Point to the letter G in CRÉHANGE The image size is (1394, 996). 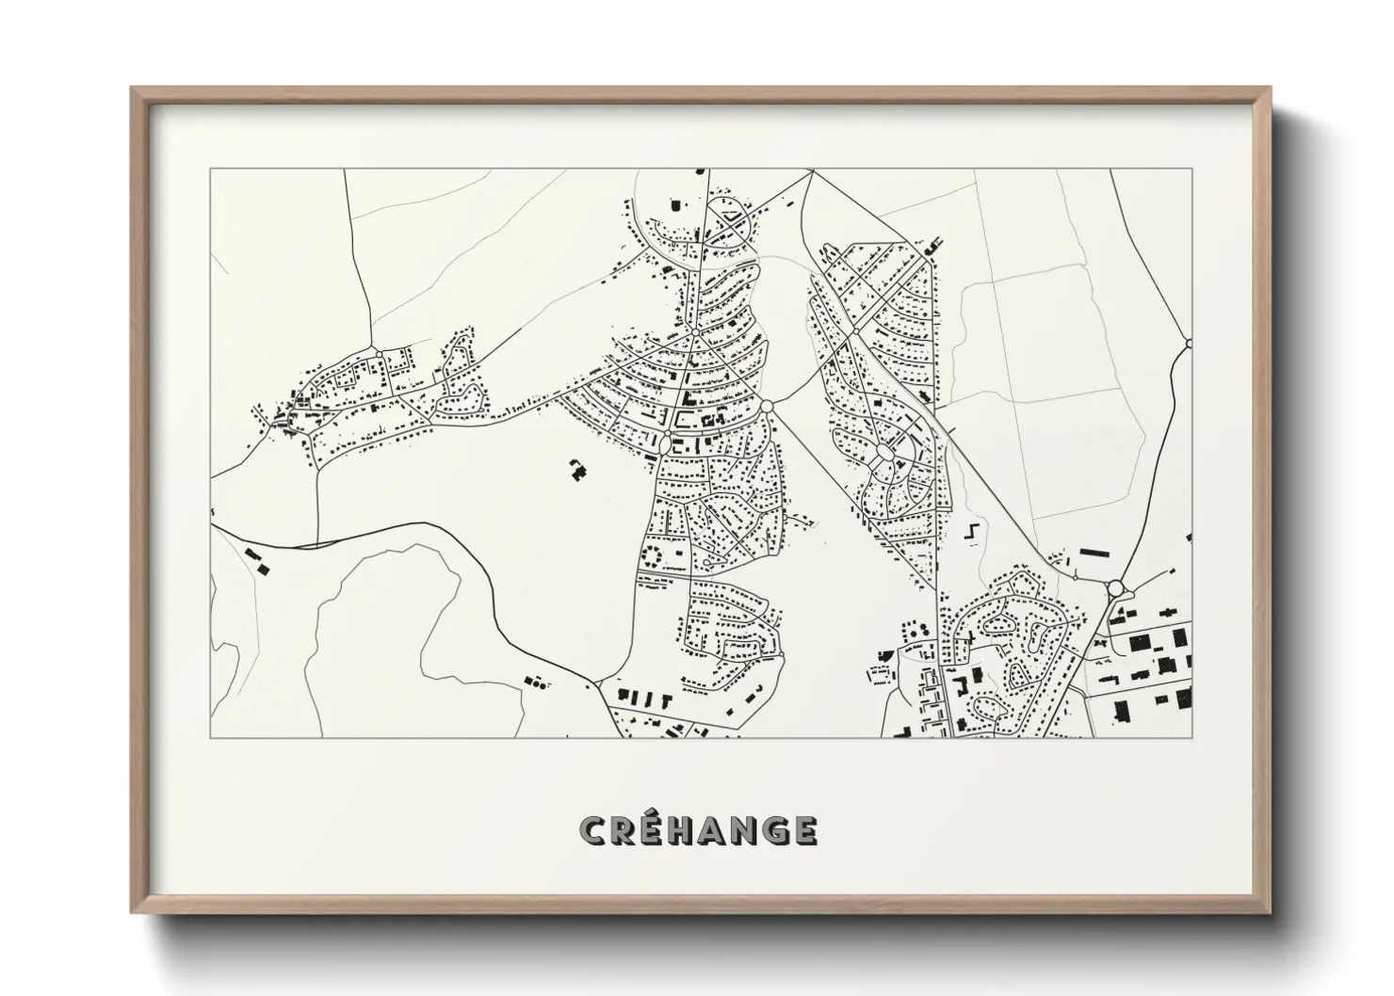[776, 830]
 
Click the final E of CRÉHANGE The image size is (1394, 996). [805, 830]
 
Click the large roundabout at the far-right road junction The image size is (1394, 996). [1117, 588]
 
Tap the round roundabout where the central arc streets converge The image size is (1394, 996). [767, 405]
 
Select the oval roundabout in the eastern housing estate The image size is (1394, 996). [885, 455]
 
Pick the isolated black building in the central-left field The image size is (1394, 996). [576, 468]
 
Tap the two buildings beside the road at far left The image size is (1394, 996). [256, 559]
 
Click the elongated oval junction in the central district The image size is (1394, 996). [663, 440]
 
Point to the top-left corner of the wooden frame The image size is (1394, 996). [133, 89]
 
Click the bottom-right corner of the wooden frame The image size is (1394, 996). [1270, 913]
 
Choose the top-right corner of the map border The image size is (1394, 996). [1192, 169]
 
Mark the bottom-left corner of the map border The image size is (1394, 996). [210, 737]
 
